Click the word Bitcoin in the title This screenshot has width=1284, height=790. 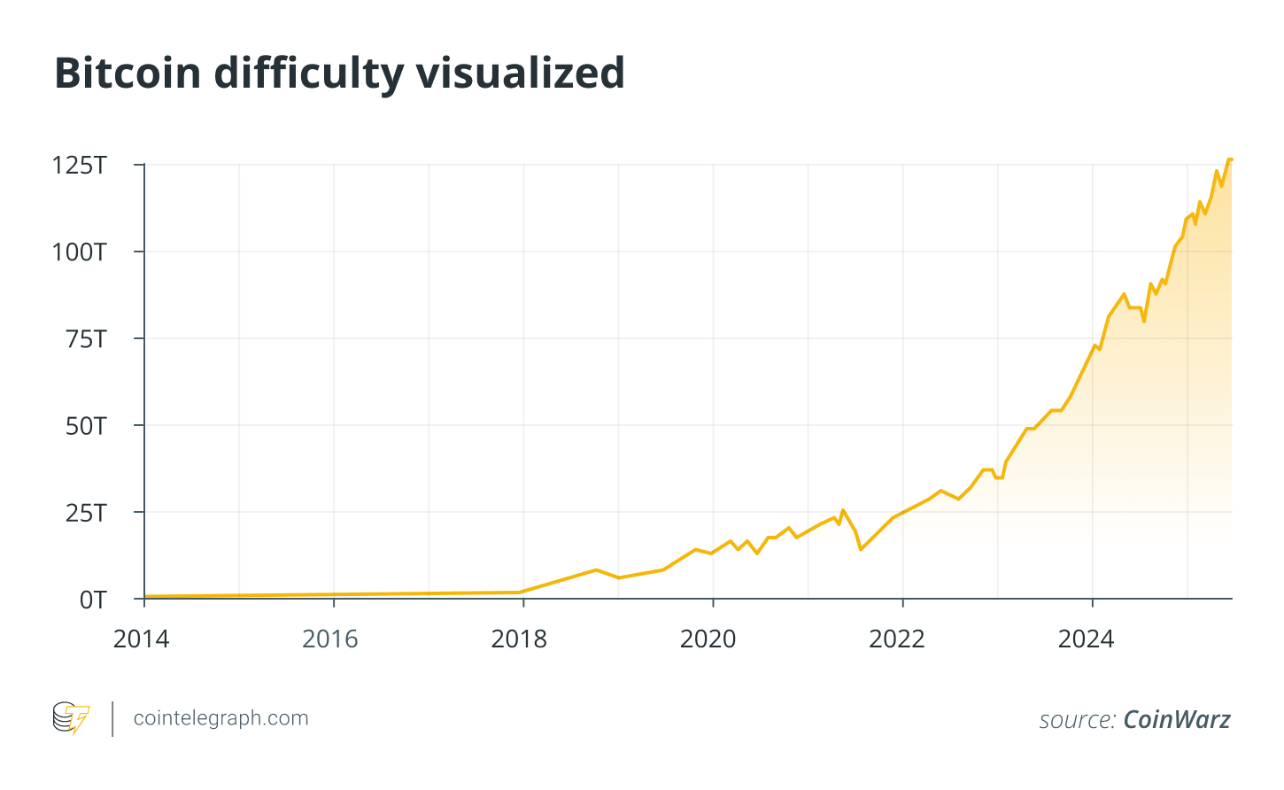tap(128, 73)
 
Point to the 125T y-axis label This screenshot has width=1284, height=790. tap(79, 166)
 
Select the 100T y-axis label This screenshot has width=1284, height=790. tap(79, 252)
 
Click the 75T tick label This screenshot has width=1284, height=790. tap(86, 339)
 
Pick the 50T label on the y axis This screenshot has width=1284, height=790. tap(86, 426)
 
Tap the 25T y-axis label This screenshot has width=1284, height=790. tap(86, 513)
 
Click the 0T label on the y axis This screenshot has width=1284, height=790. tap(92, 600)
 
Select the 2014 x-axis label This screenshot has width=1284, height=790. tap(141, 639)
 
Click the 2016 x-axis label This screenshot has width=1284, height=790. tap(330, 639)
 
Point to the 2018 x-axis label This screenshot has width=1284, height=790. tap(519, 639)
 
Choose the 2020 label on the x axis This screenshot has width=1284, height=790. tap(708, 639)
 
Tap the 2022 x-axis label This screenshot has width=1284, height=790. tap(897, 639)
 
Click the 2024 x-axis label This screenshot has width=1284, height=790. tap(1086, 639)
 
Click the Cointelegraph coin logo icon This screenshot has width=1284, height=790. tap(71, 718)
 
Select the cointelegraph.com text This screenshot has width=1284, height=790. tap(220, 718)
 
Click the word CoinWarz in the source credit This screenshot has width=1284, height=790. tap(1176, 719)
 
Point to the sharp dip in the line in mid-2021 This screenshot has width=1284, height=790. tap(860, 549)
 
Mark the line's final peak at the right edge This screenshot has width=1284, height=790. tap(1228, 160)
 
